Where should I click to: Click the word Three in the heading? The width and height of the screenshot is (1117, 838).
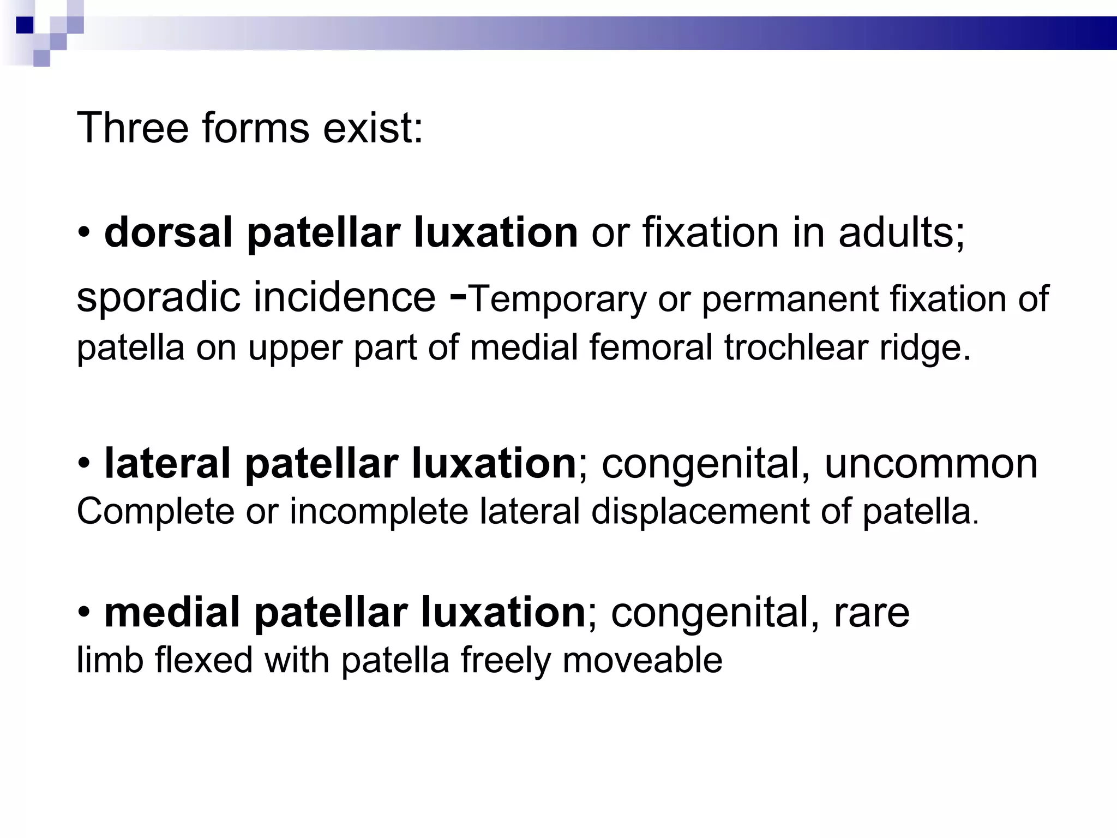pyautogui.click(x=132, y=128)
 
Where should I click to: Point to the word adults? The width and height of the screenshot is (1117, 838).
pyautogui.click(x=902, y=232)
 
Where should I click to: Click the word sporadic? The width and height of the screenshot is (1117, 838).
pyautogui.click(x=159, y=298)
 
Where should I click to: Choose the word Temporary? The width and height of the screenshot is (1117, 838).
pyautogui.click(x=557, y=299)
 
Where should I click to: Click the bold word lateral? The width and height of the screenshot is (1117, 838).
pyautogui.click(x=167, y=463)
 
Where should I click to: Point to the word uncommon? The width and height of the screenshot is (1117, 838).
pyautogui.click(x=930, y=464)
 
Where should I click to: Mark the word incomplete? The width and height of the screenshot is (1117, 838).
pyautogui.click(x=379, y=512)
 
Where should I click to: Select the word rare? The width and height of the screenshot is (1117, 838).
pyautogui.click(x=872, y=613)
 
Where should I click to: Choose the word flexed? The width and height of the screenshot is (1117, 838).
pyautogui.click(x=204, y=660)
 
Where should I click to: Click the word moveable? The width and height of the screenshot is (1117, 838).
pyautogui.click(x=642, y=660)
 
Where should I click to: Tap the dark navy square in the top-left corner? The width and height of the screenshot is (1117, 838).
pyautogui.click(x=25, y=25)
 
